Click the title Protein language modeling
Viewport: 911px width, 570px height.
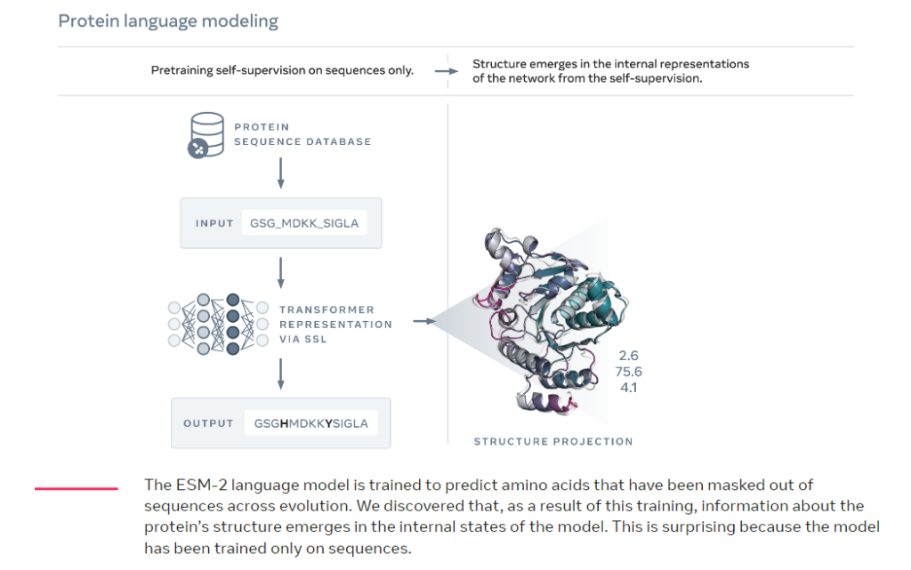(168, 20)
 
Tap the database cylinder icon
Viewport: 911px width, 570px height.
(206, 135)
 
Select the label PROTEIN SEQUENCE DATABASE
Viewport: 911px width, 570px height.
(302, 134)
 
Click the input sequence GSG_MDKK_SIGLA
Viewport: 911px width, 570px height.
(304, 223)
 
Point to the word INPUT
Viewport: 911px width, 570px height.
(214, 223)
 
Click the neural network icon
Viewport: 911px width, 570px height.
(218, 324)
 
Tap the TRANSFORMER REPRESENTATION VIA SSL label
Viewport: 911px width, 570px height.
(335, 325)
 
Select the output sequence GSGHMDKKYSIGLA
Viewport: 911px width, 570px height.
(310, 424)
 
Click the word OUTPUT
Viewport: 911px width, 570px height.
(208, 424)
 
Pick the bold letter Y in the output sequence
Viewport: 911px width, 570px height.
(329, 424)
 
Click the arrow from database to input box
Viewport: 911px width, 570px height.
(280, 173)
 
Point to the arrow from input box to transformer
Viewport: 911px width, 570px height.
(280, 273)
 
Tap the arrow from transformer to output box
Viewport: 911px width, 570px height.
(280, 373)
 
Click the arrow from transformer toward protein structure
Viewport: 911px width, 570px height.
(424, 321)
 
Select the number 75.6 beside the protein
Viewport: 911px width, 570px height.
(629, 372)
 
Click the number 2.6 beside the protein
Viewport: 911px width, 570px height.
(629, 355)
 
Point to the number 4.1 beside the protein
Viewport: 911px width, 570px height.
(629, 387)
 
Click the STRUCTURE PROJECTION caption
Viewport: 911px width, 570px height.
(553, 442)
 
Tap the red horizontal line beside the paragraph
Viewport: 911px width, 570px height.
(77, 489)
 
